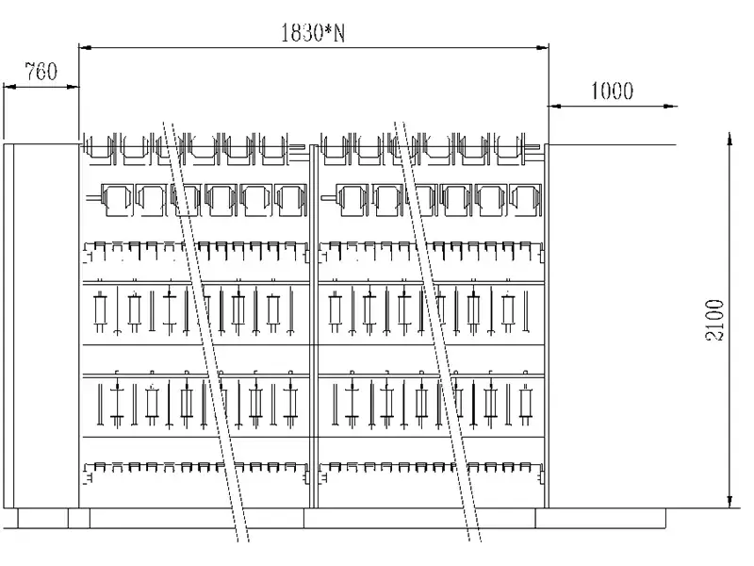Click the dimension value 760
pyautogui.click(x=41, y=71)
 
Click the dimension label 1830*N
pyautogui.click(x=312, y=33)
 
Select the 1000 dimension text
pyautogui.click(x=612, y=91)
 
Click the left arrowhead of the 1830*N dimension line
pyautogui.click(x=83, y=45)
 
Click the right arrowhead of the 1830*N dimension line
pyautogui.click(x=544, y=45)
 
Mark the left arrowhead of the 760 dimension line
pyautogui.click(x=8, y=86)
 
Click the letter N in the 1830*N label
pyautogui.click(x=340, y=33)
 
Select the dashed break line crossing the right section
pyautogui.click(x=438, y=330)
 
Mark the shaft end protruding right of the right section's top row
pyautogui.click(x=540, y=147)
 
